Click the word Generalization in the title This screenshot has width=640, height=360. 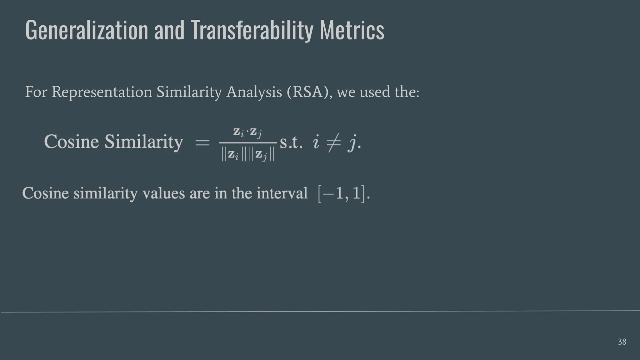point(87,30)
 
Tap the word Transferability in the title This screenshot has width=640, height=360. point(252,30)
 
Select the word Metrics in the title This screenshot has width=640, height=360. point(352,30)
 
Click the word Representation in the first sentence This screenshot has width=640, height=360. point(102,92)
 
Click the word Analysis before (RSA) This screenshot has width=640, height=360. point(254,92)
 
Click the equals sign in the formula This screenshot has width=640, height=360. point(202,143)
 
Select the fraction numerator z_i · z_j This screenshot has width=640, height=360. point(247,132)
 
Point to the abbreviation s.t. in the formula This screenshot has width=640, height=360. point(291,143)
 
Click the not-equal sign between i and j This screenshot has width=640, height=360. point(333,143)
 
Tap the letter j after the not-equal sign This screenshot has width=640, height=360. point(353,144)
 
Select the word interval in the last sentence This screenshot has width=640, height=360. point(282,193)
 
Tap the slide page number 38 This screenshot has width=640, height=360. point(622,342)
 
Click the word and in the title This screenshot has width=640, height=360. point(169,30)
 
